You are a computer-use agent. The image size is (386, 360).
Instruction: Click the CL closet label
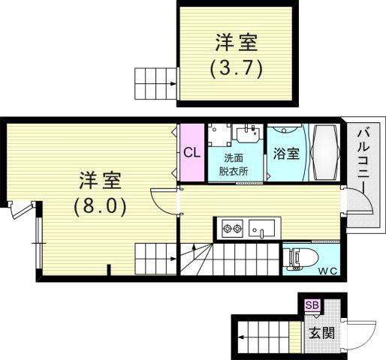(192, 152)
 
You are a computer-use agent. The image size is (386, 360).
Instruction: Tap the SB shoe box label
(312, 305)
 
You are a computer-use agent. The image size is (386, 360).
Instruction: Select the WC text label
(328, 271)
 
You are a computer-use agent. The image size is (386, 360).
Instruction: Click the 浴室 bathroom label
(286, 153)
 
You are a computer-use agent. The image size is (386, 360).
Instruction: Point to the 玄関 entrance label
(321, 333)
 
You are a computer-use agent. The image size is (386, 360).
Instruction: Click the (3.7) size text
(237, 69)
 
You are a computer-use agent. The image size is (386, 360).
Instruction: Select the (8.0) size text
(100, 207)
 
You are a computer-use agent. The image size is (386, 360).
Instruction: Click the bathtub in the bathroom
(324, 152)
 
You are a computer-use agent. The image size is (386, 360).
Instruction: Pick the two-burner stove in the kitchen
(232, 229)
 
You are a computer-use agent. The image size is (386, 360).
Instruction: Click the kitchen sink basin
(261, 229)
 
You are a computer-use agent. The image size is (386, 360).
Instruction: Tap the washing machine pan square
(219, 135)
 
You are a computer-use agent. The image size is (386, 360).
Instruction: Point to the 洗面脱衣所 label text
(234, 165)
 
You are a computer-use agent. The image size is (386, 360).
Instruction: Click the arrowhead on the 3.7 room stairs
(173, 84)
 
